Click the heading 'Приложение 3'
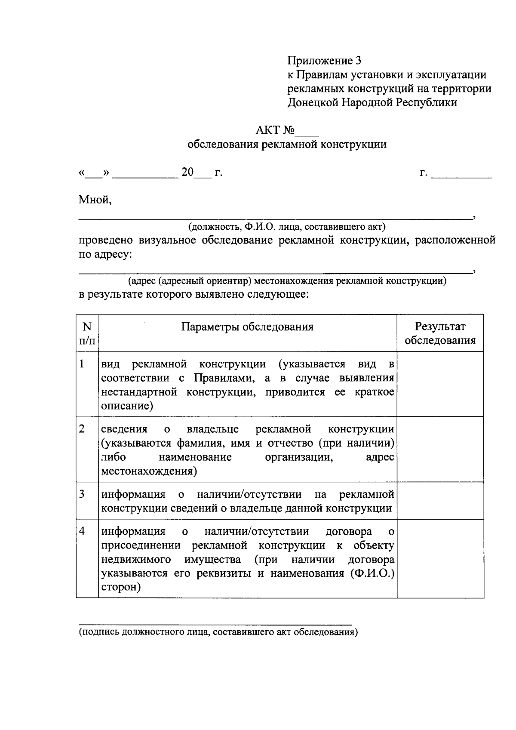(x=324, y=61)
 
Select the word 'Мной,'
(x=95, y=200)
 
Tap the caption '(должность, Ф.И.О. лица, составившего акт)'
(x=286, y=227)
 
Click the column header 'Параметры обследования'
(x=247, y=327)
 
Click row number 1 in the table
(x=82, y=364)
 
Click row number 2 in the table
(x=82, y=429)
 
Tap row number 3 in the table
(x=82, y=494)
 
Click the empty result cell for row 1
(x=440, y=384)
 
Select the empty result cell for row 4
(x=440, y=558)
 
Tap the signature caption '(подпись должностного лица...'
(x=218, y=632)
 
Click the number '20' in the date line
(x=187, y=172)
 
